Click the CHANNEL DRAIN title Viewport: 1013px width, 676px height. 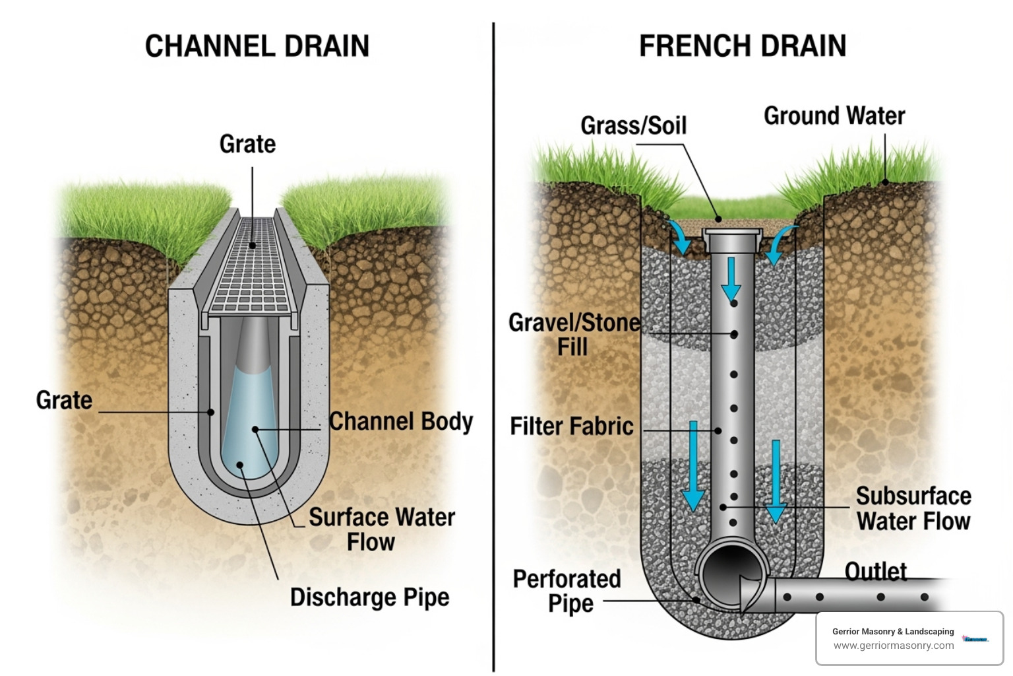(x=257, y=46)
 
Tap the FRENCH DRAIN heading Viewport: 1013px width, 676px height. (x=743, y=46)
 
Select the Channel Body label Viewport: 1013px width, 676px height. (x=401, y=422)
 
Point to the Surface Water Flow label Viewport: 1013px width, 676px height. (x=381, y=529)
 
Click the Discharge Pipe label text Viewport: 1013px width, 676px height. (x=369, y=597)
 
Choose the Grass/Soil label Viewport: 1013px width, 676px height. (x=633, y=125)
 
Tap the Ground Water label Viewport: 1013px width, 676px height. (x=834, y=116)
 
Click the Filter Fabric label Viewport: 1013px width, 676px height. (x=571, y=426)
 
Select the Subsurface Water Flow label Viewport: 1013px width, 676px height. (x=913, y=508)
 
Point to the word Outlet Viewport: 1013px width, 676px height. (x=876, y=571)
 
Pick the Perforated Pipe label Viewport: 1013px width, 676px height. (x=567, y=591)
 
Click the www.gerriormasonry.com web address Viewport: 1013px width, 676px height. (x=893, y=646)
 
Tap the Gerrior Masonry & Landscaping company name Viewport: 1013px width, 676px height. (x=893, y=631)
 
